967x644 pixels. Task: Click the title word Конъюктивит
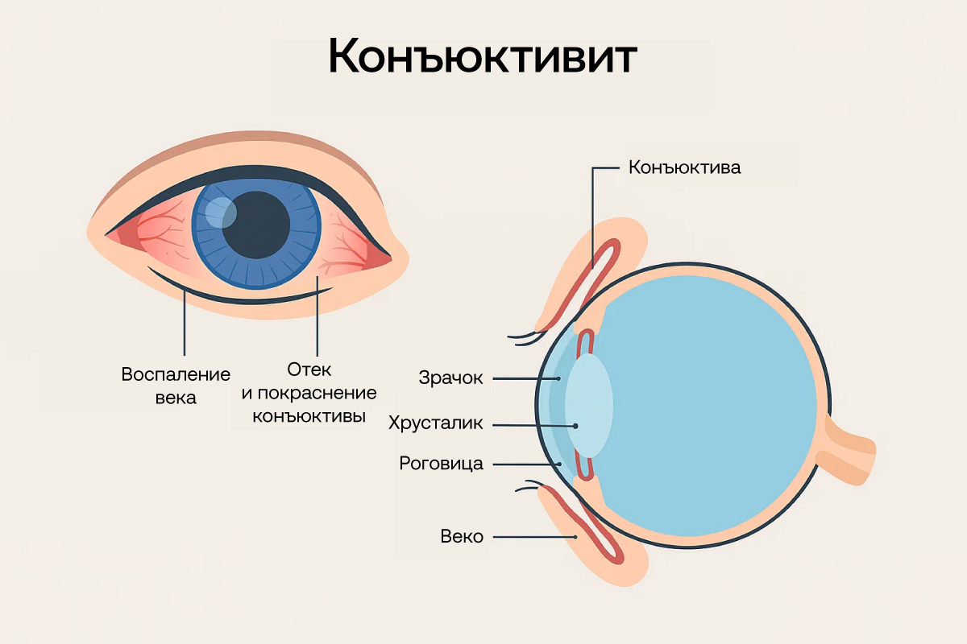[x=483, y=57]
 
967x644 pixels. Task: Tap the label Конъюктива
[x=684, y=168]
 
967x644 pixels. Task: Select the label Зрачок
[x=450, y=378]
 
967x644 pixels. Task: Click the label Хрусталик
[x=436, y=423]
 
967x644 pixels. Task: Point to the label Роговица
[x=441, y=464]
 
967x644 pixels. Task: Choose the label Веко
[x=462, y=536]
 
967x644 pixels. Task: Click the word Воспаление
[x=176, y=374]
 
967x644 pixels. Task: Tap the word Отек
[x=309, y=369]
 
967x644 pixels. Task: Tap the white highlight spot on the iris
[x=220, y=213]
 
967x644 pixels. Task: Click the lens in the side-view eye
[x=588, y=406]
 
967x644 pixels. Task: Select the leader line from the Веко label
[x=532, y=536]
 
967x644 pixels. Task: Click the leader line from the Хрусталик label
[x=532, y=424]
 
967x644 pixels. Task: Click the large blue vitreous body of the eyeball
[x=717, y=402]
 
